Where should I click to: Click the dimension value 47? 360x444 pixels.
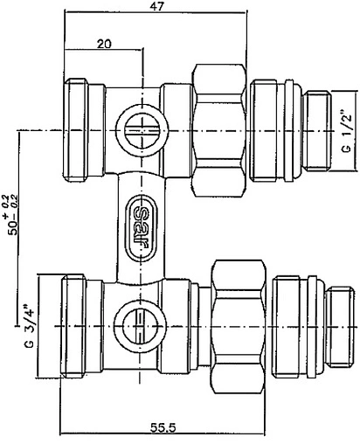[158, 8]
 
